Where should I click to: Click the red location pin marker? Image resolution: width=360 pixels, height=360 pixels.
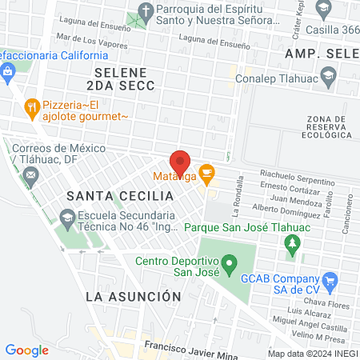pos(180,162)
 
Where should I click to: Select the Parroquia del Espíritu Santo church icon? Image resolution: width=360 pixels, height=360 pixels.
pos(145,11)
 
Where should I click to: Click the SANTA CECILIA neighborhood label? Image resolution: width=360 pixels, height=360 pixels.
pos(108,196)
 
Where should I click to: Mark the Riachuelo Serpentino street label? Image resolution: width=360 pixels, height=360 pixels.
pos(296,175)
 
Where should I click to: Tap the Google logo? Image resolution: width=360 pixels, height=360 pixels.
pos(27,350)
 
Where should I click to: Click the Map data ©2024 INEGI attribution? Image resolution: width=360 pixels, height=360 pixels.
pos(312,354)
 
